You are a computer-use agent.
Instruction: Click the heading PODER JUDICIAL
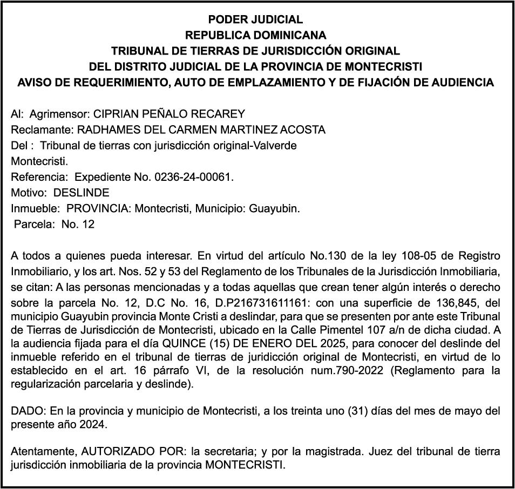[x=255, y=20]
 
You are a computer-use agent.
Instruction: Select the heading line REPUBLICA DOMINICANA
[x=255, y=36]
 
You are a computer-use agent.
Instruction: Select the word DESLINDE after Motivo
[x=82, y=193]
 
